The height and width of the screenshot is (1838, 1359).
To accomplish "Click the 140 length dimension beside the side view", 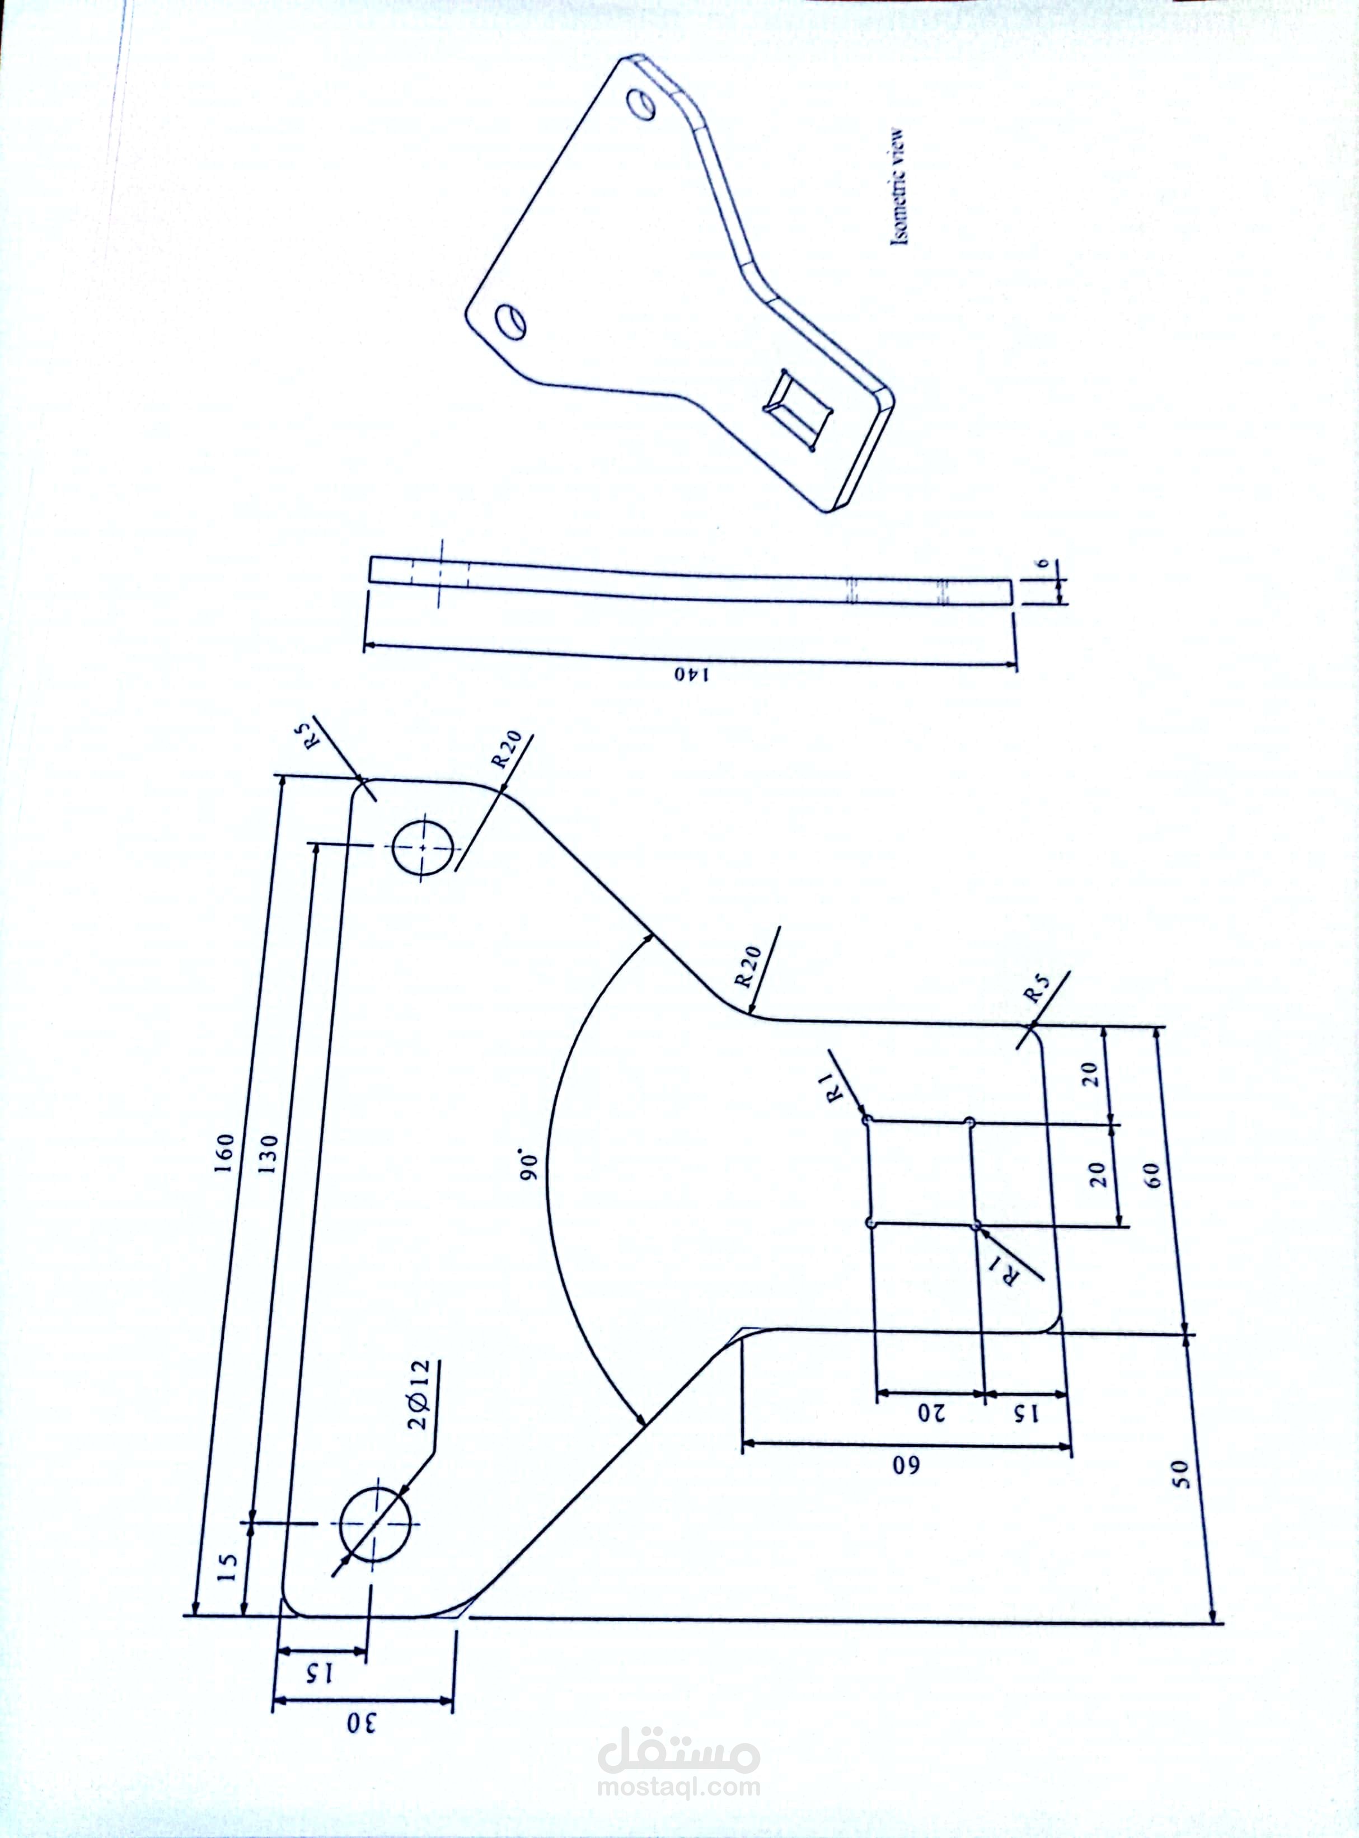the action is (693, 674).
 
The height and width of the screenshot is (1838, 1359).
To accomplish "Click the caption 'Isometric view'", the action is (900, 186).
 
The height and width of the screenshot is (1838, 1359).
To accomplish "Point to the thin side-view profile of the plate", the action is (691, 580).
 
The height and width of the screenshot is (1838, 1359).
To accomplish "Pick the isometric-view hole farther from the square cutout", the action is (641, 103).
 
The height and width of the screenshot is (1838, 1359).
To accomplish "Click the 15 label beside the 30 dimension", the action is (318, 1675).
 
